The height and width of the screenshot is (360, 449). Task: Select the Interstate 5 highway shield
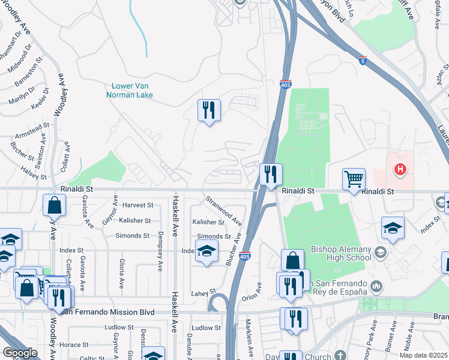pyautogui.click(x=363, y=61)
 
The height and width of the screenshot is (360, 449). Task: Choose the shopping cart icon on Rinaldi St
pyautogui.click(x=354, y=178)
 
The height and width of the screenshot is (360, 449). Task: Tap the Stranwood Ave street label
pyautogui.click(x=223, y=208)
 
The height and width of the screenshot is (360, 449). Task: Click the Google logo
pyautogui.click(x=20, y=353)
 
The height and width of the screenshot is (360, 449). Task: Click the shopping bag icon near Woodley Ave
pyautogui.click(x=55, y=205)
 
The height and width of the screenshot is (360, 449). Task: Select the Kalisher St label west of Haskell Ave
pyautogui.click(x=134, y=221)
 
